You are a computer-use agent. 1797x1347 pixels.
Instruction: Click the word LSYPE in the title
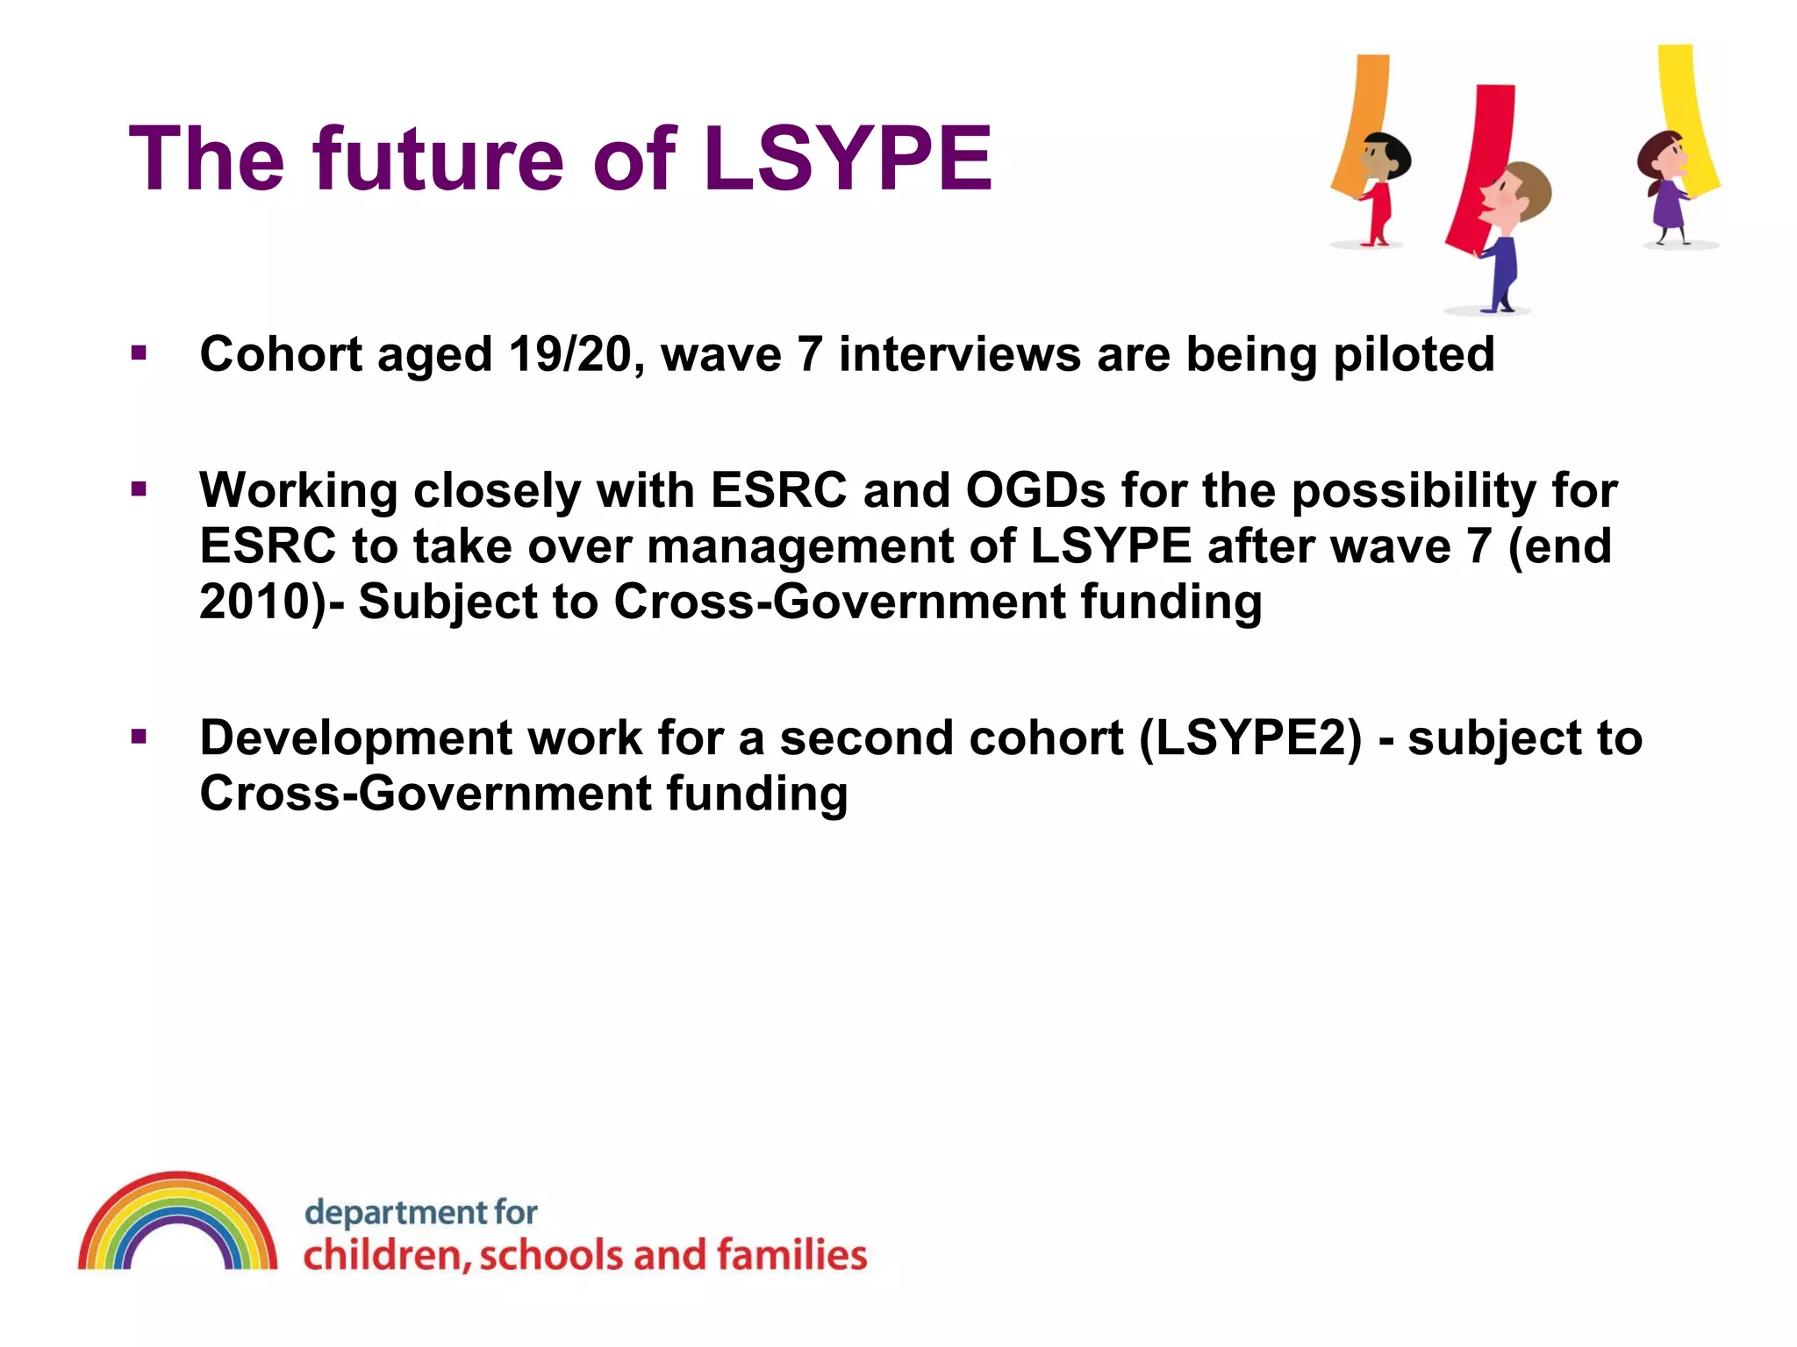click(x=848, y=159)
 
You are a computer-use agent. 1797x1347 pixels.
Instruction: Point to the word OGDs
click(x=1035, y=490)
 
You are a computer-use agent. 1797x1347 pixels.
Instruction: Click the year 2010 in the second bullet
click(x=255, y=602)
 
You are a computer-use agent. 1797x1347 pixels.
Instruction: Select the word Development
click(x=355, y=738)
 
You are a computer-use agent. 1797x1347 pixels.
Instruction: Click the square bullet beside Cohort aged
click(x=139, y=353)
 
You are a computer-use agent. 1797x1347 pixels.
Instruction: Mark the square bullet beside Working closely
click(x=139, y=489)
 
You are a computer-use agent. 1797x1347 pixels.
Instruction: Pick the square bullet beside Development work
click(x=139, y=737)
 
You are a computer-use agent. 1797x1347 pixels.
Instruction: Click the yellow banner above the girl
click(x=1686, y=105)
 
